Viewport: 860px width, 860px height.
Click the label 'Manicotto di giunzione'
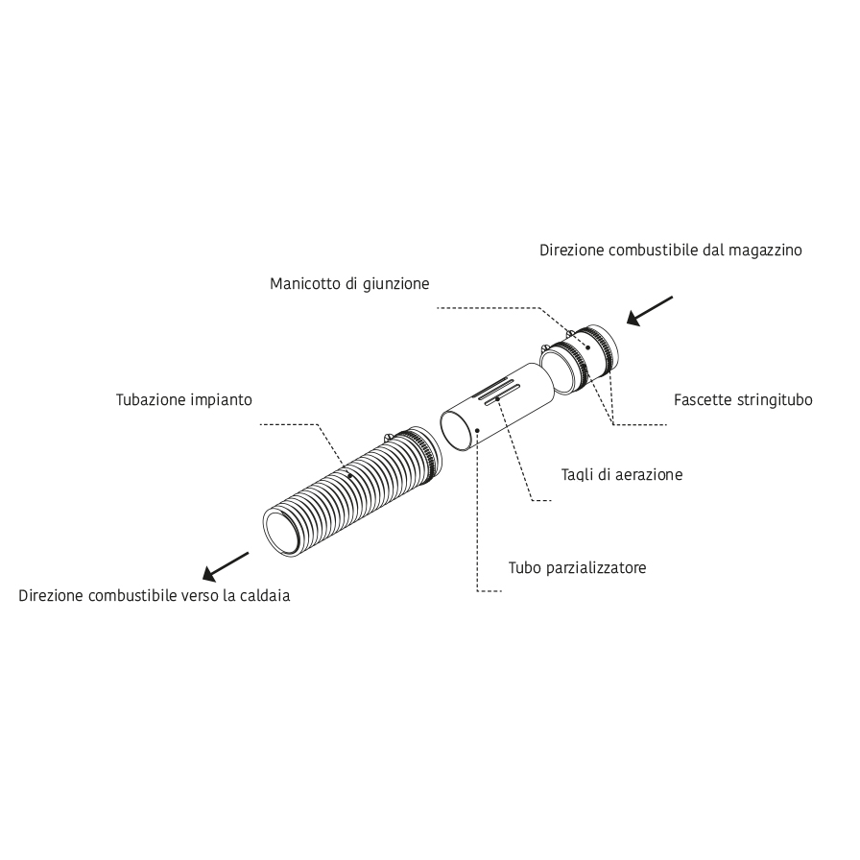click(349, 284)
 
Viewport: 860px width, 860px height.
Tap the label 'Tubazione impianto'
click(183, 400)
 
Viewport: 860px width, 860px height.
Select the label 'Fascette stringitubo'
click(743, 400)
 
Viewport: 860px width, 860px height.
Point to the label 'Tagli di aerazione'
click(622, 475)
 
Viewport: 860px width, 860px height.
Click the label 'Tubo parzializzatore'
click(577, 567)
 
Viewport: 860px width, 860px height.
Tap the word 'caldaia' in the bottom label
click(267, 596)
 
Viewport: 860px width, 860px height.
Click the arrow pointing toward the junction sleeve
click(650, 311)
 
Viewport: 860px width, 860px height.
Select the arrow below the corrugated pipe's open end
click(226, 566)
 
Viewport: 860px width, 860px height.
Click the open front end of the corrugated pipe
click(282, 531)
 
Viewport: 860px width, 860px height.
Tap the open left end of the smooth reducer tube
click(456, 431)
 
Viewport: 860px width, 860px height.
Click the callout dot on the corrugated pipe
click(350, 476)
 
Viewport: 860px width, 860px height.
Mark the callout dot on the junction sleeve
click(588, 347)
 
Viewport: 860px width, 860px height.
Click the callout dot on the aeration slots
click(497, 398)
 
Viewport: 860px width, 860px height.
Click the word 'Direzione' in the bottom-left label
click(51, 596)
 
